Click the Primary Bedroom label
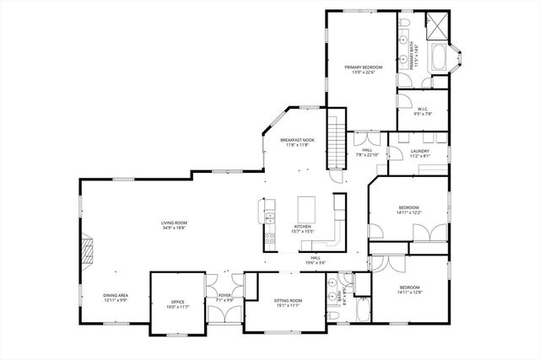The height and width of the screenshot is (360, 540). tap(363, 67)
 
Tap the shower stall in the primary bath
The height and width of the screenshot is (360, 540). tap(436, 24)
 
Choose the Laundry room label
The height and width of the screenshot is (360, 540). tap(419, 151)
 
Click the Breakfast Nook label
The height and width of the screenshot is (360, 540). tap(297, 140)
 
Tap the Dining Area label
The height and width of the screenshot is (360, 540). tap(116, 295)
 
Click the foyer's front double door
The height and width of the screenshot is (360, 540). tap(224, 314)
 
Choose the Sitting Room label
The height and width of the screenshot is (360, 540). tap(288, 301)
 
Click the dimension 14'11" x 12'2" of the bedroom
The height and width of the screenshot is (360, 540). tap(408, 212)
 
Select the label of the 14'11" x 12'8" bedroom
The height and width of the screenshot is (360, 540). tap(408, 287)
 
